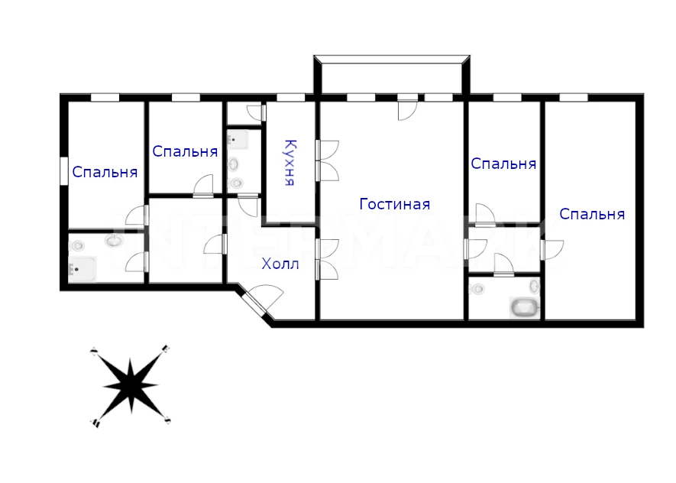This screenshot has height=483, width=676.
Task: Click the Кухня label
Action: (291, 163)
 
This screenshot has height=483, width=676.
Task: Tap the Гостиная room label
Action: (394, 204)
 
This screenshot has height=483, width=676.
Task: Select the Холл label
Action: (280, 264)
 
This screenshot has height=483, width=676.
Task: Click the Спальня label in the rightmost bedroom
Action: (592, 214)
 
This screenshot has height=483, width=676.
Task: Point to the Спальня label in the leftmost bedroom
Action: (105, 172)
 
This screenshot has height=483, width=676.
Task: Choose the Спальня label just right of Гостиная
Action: (503, 164)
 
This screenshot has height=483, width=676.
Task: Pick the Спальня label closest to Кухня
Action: (185, 151)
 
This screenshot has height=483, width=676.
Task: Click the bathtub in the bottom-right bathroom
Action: (524, 307)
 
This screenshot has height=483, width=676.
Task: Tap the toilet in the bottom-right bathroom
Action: (477, 289)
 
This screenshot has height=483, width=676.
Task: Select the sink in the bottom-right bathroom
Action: (534, 286)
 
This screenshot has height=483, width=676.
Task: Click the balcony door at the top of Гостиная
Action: (407, 110)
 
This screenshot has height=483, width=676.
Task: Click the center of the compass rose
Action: (131, 385)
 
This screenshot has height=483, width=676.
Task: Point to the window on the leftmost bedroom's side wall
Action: (64, 171)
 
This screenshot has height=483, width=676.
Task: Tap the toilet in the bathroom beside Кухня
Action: (237, 183)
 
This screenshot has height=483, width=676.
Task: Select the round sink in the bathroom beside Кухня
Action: (234, 164)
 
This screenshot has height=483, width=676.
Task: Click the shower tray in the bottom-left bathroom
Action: (82, 269)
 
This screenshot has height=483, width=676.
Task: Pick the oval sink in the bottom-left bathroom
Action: (115, 240)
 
